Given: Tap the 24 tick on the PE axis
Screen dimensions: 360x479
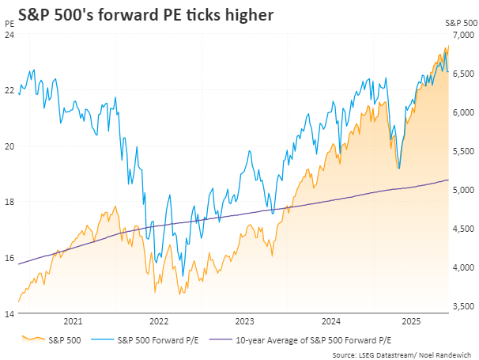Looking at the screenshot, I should coord(9,35).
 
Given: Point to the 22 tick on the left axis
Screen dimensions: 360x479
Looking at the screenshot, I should coord(9,90).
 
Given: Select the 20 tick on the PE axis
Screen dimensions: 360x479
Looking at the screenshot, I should coord(9,146).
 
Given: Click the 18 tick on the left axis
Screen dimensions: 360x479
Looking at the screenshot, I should coord(9,202).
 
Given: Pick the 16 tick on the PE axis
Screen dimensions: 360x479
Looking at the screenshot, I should coord(9,258).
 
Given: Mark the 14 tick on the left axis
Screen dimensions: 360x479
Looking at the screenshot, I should coord(9,314).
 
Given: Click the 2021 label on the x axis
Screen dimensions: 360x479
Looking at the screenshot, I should coord(72,321).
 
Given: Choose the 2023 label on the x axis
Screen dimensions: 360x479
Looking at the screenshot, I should coord(245,321).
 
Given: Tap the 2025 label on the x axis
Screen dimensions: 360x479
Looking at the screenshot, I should coord(410,321).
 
